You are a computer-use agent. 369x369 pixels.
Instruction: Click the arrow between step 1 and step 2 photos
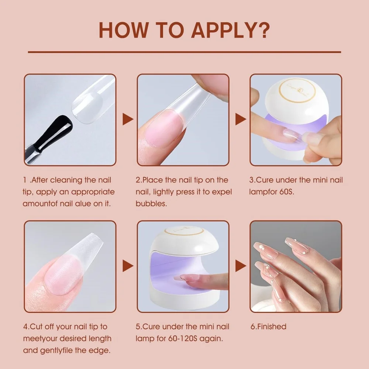[x=127, y=119]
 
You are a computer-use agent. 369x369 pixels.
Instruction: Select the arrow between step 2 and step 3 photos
[x=241, y=119]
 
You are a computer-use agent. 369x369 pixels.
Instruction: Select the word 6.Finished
[x=268, y=327]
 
